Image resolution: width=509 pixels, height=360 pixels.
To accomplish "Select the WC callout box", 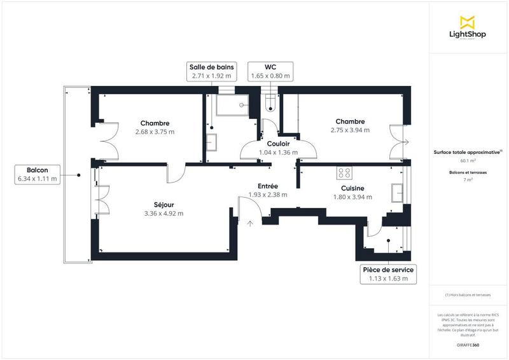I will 270,71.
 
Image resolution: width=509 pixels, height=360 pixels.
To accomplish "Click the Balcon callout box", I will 38,174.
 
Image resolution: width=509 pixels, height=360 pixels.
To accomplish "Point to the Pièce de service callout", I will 388,273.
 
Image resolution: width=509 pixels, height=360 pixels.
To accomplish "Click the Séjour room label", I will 164,204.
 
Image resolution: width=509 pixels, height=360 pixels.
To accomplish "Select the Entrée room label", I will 268,186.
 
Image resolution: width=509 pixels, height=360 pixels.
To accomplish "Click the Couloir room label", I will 279,144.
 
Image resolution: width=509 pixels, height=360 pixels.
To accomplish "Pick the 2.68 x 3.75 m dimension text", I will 155,132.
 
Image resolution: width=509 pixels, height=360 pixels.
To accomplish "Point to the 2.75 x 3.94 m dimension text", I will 350,130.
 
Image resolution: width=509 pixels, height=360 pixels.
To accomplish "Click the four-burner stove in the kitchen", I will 345,172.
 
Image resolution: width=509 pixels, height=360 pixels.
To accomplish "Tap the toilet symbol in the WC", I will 269,102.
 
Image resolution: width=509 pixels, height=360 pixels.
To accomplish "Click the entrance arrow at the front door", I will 249,223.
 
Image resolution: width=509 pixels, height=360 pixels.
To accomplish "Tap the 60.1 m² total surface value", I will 468,162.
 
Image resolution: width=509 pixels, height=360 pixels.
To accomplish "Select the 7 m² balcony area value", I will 468,180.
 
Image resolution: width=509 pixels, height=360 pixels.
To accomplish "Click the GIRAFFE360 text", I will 468,345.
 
